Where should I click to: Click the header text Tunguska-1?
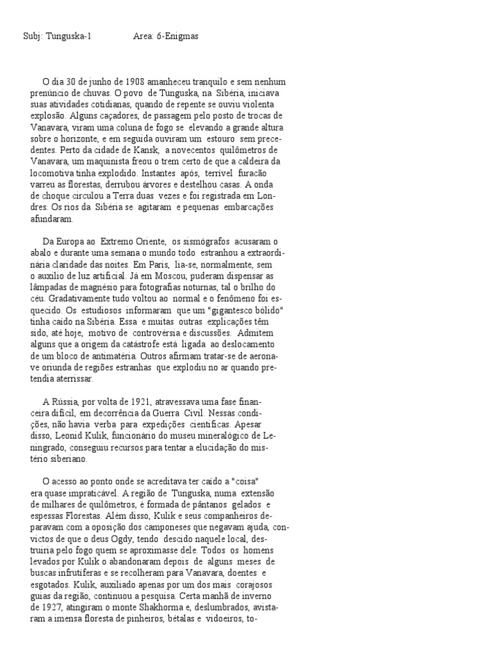(x=67, y=37)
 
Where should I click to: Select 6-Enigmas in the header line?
(x=177, y=37)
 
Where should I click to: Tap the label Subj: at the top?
(x=32, y=37)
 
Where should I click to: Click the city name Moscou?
(x=177, y=275)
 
